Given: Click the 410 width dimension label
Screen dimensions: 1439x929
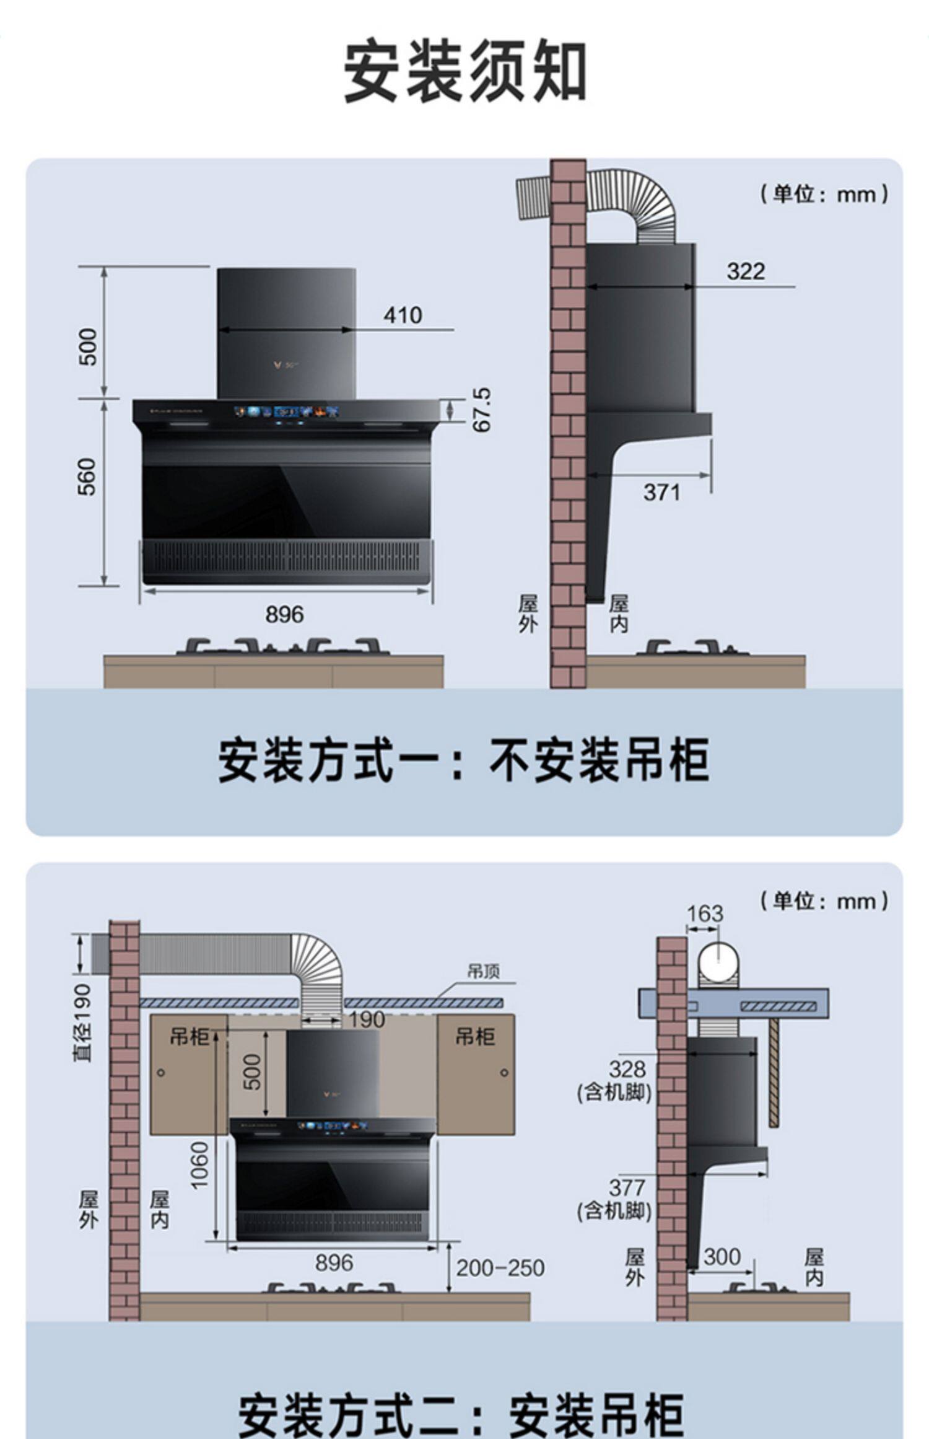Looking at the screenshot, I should (403, 315).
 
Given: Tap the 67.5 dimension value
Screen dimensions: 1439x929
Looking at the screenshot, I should (481, 410).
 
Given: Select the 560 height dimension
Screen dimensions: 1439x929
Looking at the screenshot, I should (87, 477).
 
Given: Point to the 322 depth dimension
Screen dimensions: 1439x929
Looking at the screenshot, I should (746, 271).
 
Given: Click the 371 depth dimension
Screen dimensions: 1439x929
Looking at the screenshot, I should (661, 493).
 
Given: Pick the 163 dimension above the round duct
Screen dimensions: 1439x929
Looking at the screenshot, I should (705, 913).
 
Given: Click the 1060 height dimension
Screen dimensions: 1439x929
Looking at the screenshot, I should (200, 1165).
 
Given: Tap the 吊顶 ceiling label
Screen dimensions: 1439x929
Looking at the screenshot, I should (483, 971).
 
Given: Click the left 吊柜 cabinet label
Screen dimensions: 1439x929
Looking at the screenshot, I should (190, 1036).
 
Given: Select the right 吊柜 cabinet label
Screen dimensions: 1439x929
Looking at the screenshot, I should (475, 1036).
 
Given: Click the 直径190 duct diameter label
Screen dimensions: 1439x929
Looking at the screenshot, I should (83, 1023).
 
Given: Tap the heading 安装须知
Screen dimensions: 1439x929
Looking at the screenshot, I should (464, 71).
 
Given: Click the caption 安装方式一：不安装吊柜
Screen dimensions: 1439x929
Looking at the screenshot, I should (463, 760).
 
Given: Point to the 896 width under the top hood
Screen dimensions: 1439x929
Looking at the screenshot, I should (285, 615).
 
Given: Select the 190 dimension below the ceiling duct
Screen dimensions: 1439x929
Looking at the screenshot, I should (367, 1019).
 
